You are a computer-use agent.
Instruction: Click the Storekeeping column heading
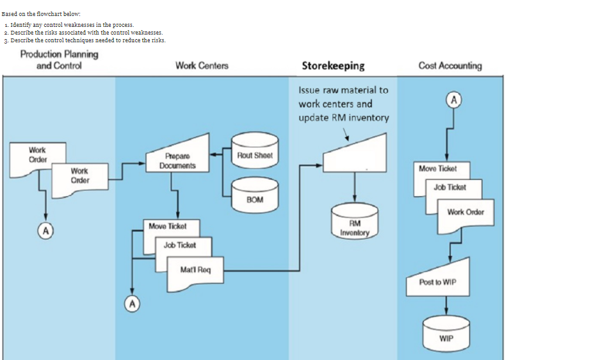(333, 65)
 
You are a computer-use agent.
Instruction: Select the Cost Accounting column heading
(450, 65)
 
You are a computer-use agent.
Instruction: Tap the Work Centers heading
(202, 65)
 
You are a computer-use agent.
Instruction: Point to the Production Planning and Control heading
(59, 60)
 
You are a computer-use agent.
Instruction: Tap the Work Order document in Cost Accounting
(466, 212)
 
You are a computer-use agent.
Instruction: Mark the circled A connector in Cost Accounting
(454, 100)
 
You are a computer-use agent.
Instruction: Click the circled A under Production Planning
(45, 229)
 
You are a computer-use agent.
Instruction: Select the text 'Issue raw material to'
(343, 90)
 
